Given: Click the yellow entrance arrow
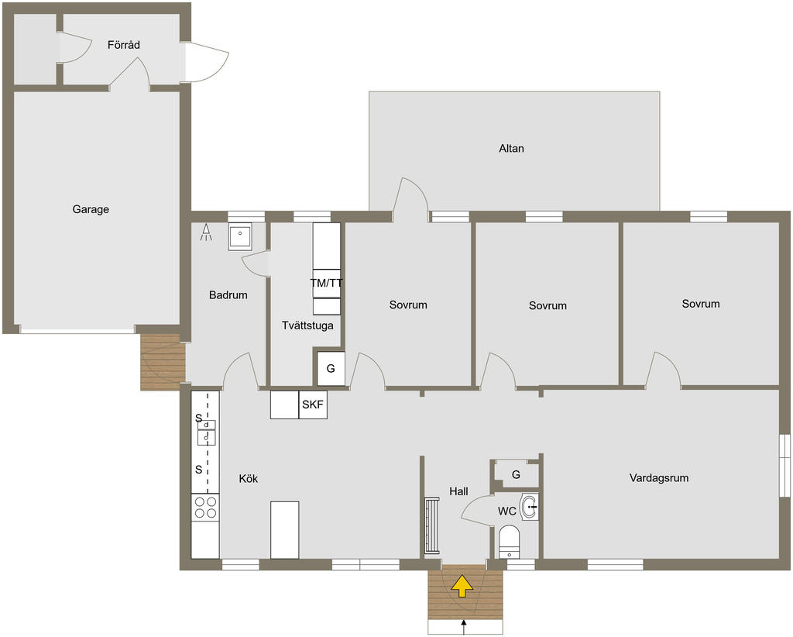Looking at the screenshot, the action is coord(462,586).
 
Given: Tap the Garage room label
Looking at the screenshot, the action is coord(91,209).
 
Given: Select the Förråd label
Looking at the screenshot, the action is coord(123,45).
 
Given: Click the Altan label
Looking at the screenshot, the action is coord(511,149).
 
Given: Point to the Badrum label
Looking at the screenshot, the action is coord(228,295).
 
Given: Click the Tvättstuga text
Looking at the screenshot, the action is coord(307,325).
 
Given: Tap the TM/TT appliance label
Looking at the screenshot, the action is coord(327,283).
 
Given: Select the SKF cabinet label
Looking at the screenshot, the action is coord(313,405).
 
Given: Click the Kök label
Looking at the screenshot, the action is coord(249,479).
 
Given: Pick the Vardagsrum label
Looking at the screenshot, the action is coord(659,478).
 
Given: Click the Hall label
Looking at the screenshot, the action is coord(458,491).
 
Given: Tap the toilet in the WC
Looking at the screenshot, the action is coord(509,542).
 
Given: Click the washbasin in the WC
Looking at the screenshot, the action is coord(530,507).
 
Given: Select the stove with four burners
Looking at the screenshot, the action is coord(205,508).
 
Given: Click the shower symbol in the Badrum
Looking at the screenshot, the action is coord(206,232).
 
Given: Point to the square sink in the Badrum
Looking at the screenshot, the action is coord(240,236).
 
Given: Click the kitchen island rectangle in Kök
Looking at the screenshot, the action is coord(285,530).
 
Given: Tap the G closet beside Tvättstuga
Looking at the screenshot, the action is coord(331,369).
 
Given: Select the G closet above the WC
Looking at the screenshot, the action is coord(516,475).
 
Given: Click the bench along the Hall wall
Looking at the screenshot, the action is coord(432,526).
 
